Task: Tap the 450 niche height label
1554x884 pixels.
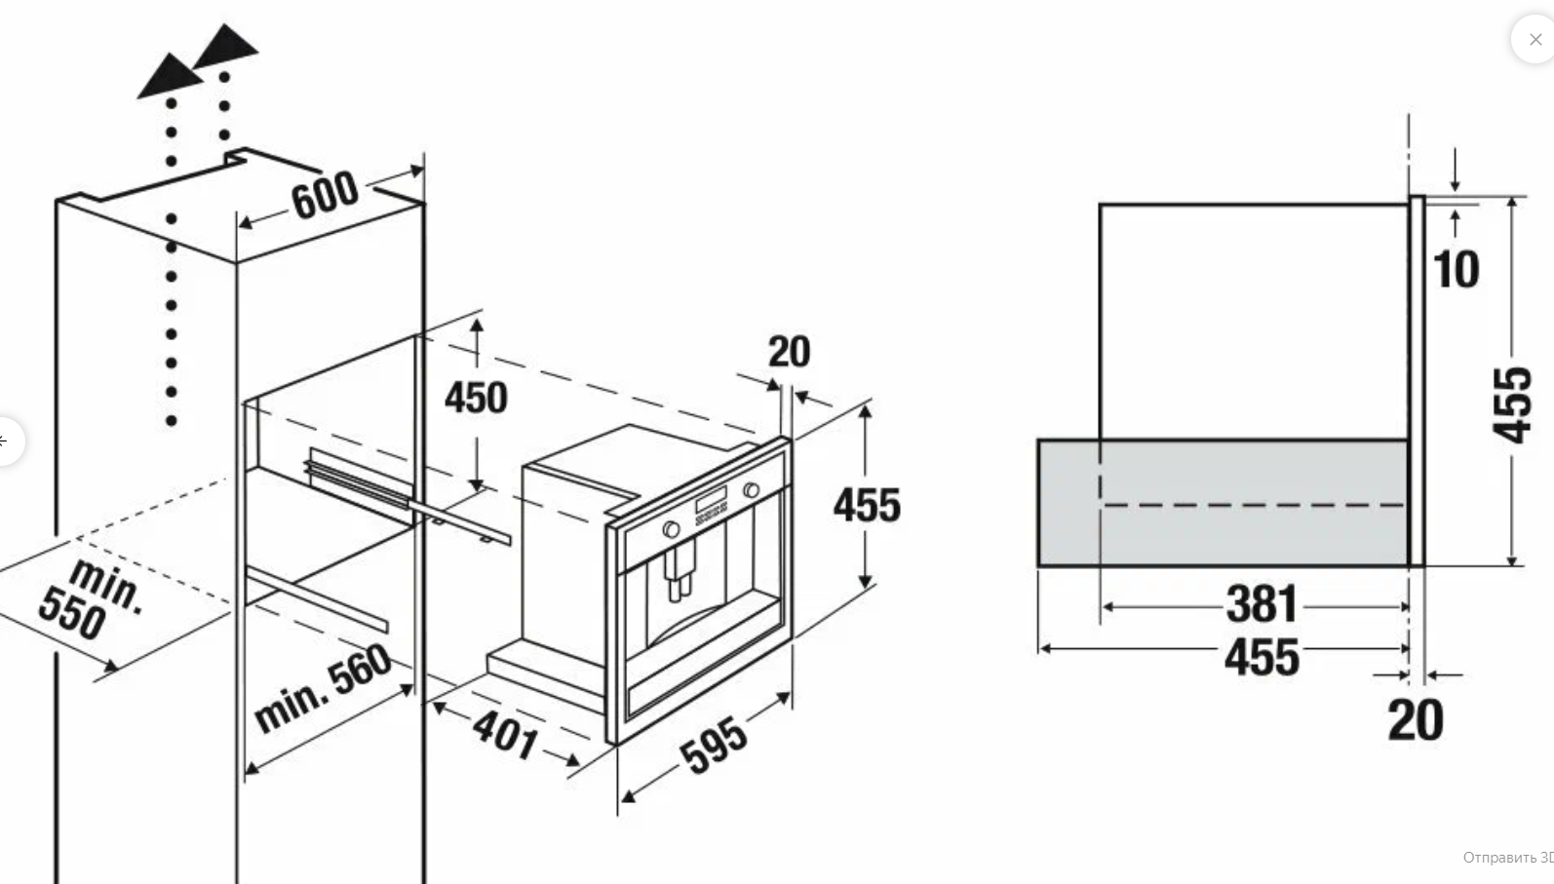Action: [x=476, y=398]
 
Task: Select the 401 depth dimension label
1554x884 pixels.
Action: [x=505, y=735]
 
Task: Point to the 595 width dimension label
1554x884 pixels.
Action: [x=714, y=746]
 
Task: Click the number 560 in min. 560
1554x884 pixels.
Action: [x=360, y=671]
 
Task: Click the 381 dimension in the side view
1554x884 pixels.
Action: [x=1262, y=604]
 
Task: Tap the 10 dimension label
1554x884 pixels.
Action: [x=1457, y=270]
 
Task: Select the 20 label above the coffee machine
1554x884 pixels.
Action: [x=790, y=352]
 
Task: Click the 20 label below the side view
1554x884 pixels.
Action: [x=1416, y=721]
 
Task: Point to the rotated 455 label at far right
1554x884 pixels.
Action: [x=1513, y=405]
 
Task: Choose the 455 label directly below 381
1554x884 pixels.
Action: [x=1262, y=657]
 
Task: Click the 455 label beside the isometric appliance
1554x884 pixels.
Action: [x=868, y=506]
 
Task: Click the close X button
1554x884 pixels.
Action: [x=1535, y=40]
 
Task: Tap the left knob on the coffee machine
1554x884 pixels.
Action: [x=671, y=529]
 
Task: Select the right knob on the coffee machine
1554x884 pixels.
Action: [x=751, y=490]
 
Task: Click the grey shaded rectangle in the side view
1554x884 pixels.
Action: [x=1224, y=503]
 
